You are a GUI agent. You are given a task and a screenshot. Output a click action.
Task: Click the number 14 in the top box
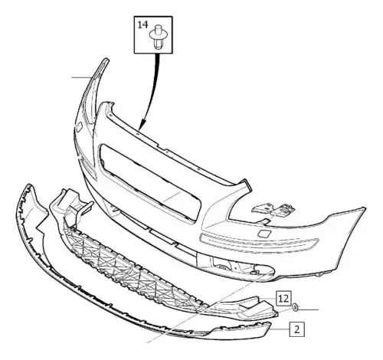pos(142,25)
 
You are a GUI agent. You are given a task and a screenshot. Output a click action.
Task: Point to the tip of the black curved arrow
pos(140,128)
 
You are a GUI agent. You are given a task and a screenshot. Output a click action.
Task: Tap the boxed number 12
pos(283,298)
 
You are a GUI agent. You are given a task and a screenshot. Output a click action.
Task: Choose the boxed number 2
pos(297,329)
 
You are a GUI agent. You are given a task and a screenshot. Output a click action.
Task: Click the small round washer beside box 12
pos(295,307)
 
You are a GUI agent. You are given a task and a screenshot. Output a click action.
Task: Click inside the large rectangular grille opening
pos(151,182)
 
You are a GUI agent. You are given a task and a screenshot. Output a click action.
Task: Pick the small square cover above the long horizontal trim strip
pos(263,234)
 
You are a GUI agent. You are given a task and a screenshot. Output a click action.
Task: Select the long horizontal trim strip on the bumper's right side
pos(259,243)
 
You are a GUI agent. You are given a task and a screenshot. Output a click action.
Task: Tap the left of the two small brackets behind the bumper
pos(262,208)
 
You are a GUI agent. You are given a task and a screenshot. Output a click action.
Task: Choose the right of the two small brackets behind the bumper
pos(283,210)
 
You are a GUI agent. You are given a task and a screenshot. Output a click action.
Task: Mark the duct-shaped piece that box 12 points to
pos(245,308)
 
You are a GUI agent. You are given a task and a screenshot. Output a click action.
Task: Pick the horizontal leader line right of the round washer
pos(309,309)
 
